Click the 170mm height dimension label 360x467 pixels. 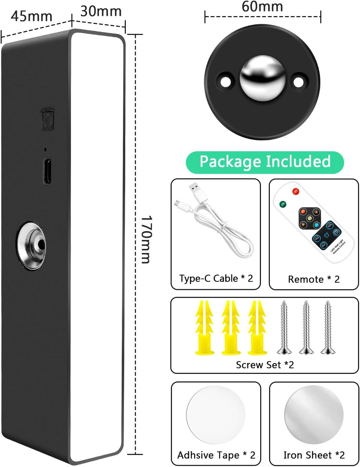pyautogui.click(x=146, y=240)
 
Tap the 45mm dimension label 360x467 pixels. pyautogui.click(x=31, y=16)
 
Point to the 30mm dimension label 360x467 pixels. pyautogui.click(x=101, y=11)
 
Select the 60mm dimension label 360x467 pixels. pyautogui.click(x=262, y=7)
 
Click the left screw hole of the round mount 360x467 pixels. pyautogui.click(x=226, y=81)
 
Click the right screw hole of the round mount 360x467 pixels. pyautogui.click(x=299, y=81)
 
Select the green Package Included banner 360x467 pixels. pyautogui.click(x=265, y=162)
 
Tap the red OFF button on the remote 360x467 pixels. pyautogui.click(x=295, y=192)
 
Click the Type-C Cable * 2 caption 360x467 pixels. pyautogui.click(x=216, y=279)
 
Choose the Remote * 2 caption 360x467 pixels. pyautogui.click(x=314, y=280)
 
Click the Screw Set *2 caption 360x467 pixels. pyautogui.click(x=265, y=365)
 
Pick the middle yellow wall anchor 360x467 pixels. pyautogui.click(x=231, y=327)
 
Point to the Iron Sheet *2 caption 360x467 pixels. pyautogui.click(x=314, y=455)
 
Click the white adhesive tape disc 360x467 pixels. pyautogui.click(x=216, y=415)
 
